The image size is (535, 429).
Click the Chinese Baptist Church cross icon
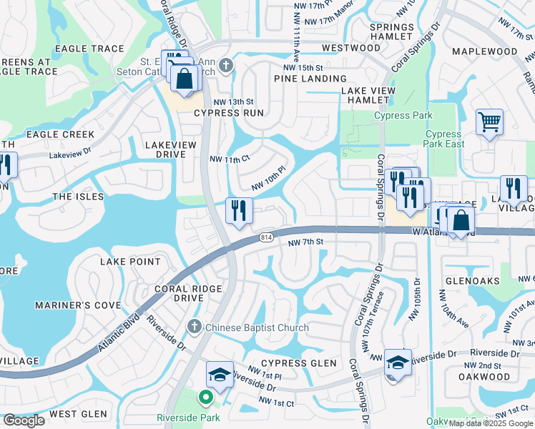pos(193,327)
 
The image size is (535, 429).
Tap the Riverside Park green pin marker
pos(206,398)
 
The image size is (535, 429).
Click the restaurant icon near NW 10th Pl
pos(239,211)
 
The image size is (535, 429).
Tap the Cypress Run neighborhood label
pos(224,113)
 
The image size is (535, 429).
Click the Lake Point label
pos(130,262)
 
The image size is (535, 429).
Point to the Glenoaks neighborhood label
pos(472,281)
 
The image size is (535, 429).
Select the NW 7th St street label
pos(306,243)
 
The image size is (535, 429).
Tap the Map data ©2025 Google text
pos(491,423)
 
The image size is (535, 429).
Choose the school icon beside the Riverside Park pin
pos(220,375)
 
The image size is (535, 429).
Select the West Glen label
pos(79,414)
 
